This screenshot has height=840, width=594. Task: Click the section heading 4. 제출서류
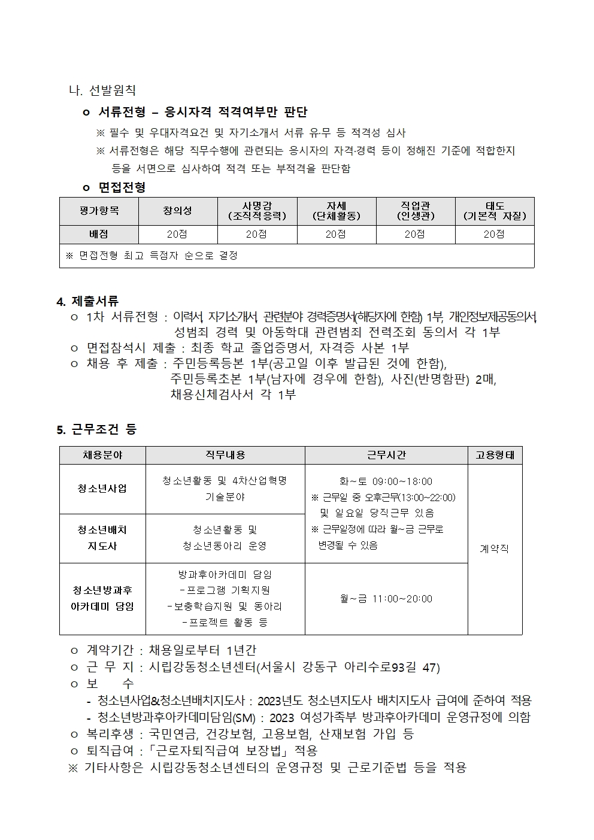tap(87, 301)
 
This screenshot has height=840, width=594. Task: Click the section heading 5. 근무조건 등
tap(96, 429)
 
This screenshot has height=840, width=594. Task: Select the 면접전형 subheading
tap(122, 187)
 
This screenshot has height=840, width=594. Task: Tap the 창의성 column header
tap(178, 211)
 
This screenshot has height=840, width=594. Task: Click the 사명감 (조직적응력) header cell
tap(257, 211)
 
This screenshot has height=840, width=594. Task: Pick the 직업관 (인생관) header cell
tap(416, 211)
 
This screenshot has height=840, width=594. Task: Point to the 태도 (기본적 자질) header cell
tap(495, 211)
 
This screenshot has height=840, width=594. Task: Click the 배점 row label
tap(99, 234)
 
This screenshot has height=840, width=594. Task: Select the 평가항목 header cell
tap(99, 211)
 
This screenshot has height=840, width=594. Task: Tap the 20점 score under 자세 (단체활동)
tap(336, 234)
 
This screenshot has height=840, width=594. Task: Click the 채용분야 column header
tap(102, 455)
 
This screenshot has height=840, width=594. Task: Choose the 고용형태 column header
tap(495, 455)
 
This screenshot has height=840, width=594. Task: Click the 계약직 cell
tap(495, 548)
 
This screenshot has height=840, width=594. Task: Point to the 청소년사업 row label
tap(102, 489)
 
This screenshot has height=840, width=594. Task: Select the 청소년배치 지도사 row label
tap(102, 538)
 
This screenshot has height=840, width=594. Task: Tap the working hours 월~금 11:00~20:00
tap(386, 599)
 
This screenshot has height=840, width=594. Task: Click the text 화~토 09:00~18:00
tap(386, 481)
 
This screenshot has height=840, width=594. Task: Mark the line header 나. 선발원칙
tap(102, 90)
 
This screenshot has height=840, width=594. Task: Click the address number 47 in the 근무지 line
tap(430, 667)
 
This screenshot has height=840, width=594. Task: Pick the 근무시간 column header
tap(386, 455)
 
